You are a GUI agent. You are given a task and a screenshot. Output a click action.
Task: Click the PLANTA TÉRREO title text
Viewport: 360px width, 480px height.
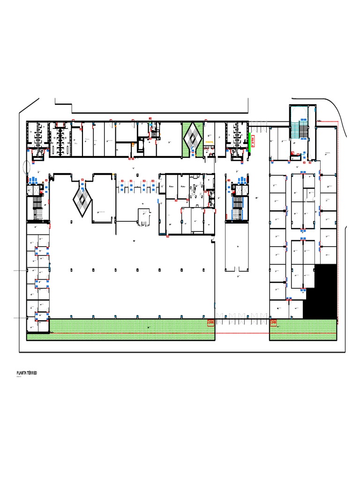(27, 373)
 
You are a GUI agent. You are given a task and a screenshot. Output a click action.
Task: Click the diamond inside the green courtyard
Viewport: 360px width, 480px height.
(192, 136)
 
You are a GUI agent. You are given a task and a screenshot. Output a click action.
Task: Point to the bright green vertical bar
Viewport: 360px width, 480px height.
(249, 139)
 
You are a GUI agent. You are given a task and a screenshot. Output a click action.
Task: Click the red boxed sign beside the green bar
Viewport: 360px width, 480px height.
(254, 141)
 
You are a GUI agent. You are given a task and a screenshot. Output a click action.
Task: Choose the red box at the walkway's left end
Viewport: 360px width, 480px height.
(211, 322)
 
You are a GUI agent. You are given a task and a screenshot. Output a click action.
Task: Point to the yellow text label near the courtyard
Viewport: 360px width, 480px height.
(209, 141)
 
